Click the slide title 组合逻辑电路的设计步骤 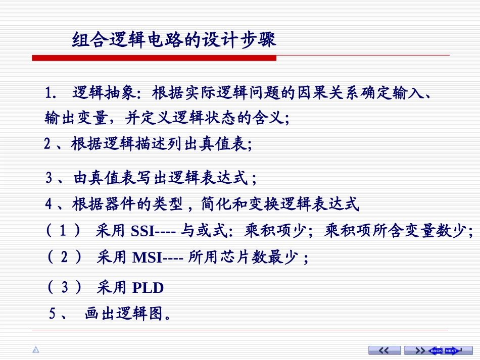pyautogui.click(x=174, y=40)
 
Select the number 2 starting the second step pyautogui.click(x=47, y=144)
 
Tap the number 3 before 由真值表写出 pyautogui.click(x=50, y=178)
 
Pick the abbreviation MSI pyautogui.click(x=147, y=258)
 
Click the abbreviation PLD pyautogui.click(x=148, y=288)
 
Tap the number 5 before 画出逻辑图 pyautogui.click(x=52, y=314)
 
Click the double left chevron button pyautogui.click(x=385, y=350)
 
